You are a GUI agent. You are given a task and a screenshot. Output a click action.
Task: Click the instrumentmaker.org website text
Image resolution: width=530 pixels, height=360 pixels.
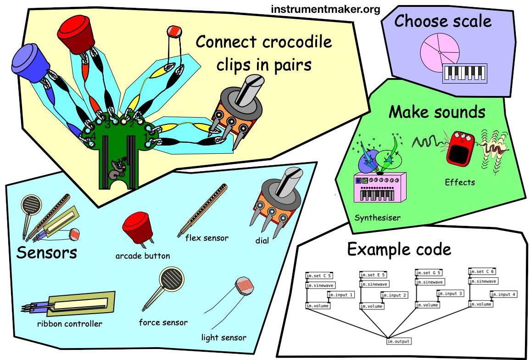(x=325, y=9)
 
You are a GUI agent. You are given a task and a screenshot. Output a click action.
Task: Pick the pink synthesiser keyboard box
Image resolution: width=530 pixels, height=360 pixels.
(x=380, y=188)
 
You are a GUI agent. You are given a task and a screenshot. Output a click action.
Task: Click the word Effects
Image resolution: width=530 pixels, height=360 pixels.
(x=460, y=182)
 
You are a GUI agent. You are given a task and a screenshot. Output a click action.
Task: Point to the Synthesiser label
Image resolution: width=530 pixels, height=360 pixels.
(x=377, y=217)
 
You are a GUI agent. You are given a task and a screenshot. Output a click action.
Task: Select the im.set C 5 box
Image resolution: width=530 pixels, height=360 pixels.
(x=319, y=276)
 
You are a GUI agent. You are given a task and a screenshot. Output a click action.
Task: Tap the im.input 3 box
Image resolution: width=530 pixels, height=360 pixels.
(x=450, y=293)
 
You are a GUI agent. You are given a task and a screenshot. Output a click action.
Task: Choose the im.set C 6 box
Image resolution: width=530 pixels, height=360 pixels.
(x=482, y=271)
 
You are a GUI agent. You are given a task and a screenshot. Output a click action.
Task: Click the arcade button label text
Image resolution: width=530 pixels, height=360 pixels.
(x=143, y=256)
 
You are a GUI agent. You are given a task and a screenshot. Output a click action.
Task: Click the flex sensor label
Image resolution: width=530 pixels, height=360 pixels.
(x=206, y=238)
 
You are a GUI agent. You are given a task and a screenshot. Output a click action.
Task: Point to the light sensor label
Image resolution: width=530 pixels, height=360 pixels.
(x=223, y=337)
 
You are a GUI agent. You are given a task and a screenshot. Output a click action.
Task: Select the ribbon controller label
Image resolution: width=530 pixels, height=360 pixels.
(x=70, y=324)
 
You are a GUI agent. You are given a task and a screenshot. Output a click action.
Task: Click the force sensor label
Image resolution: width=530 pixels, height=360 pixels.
(x=163, y=322)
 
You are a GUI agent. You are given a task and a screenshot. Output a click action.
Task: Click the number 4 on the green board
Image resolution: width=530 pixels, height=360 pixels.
(x=93, y=137)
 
